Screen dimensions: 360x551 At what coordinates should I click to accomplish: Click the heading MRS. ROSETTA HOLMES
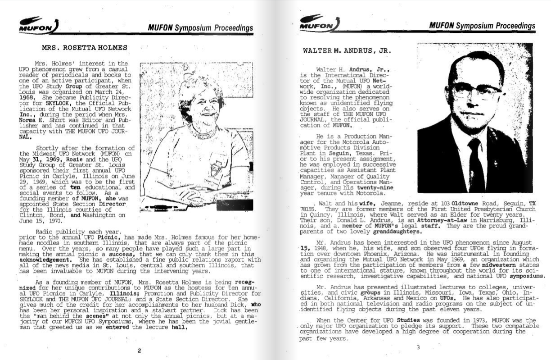85,47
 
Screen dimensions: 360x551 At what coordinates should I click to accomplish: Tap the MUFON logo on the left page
38,26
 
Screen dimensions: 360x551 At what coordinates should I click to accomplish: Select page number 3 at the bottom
418,347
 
